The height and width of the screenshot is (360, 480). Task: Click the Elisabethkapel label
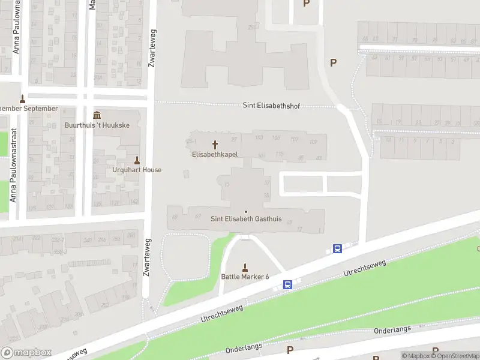[x=215, y=154]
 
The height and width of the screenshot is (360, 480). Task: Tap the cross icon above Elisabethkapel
[x=215, y=145]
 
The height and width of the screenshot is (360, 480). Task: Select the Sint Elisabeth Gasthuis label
[x=246, y=219]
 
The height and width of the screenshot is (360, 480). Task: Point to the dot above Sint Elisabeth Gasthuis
[x=246, y=211]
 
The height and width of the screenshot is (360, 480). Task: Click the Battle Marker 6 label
[x=245, y=277]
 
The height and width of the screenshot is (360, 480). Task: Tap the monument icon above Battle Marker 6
[x=245, y=267]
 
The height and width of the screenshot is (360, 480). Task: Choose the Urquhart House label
[x=137, y=170]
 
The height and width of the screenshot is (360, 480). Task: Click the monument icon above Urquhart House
[x=137, y=160]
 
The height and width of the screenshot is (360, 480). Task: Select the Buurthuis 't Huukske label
[x=97, y=125]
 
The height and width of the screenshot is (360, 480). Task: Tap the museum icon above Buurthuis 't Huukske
[x=97, y=115]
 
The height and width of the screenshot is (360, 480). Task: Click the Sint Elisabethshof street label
[x=271, y=106]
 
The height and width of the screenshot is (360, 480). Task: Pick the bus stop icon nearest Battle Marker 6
[x=288, y=284]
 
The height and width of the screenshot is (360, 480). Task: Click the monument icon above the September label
[x=23, y=99]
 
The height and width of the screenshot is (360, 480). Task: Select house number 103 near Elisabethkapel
[x=259, y=138]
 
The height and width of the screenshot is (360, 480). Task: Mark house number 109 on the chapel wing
[x=313, y=141]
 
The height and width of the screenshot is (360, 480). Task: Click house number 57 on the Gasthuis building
[x=266, y=182]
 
